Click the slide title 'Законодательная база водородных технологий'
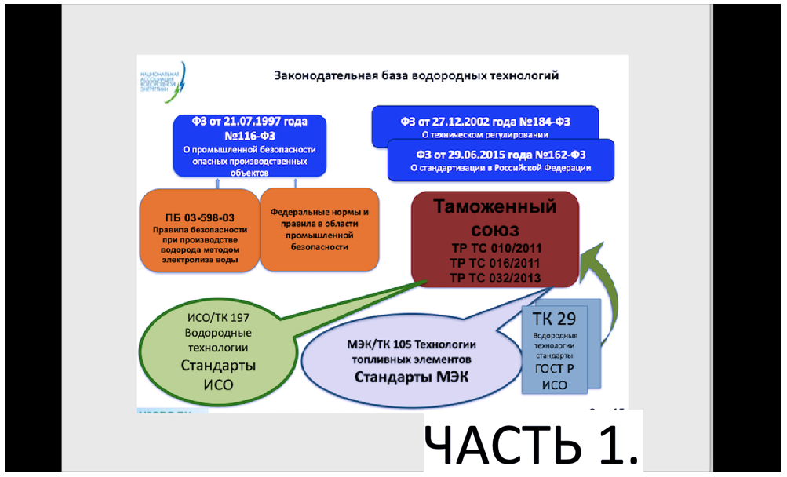(415, 76)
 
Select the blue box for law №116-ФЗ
(249, 144)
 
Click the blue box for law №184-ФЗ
(485, 124)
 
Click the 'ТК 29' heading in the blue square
(556, 319)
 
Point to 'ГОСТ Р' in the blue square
(555, 368)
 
